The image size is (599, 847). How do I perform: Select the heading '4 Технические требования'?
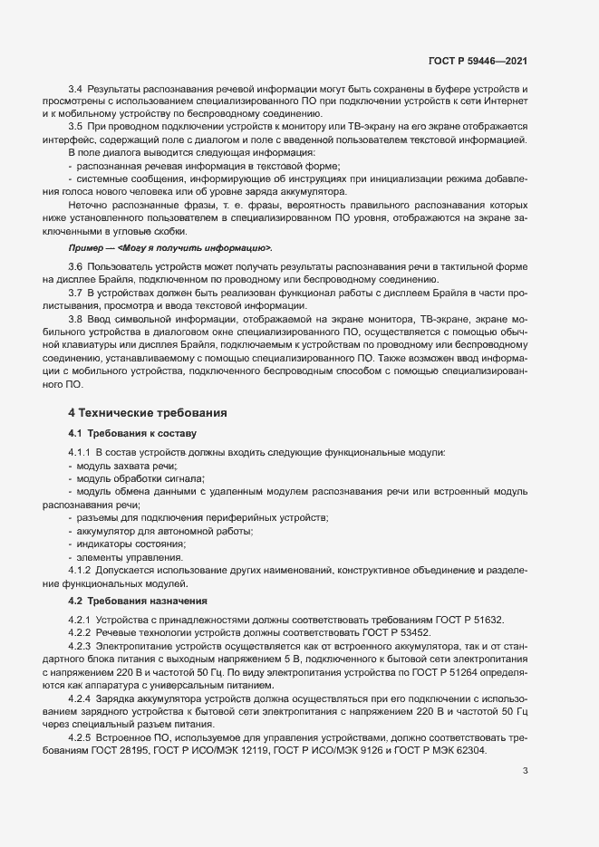point(148,412)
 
